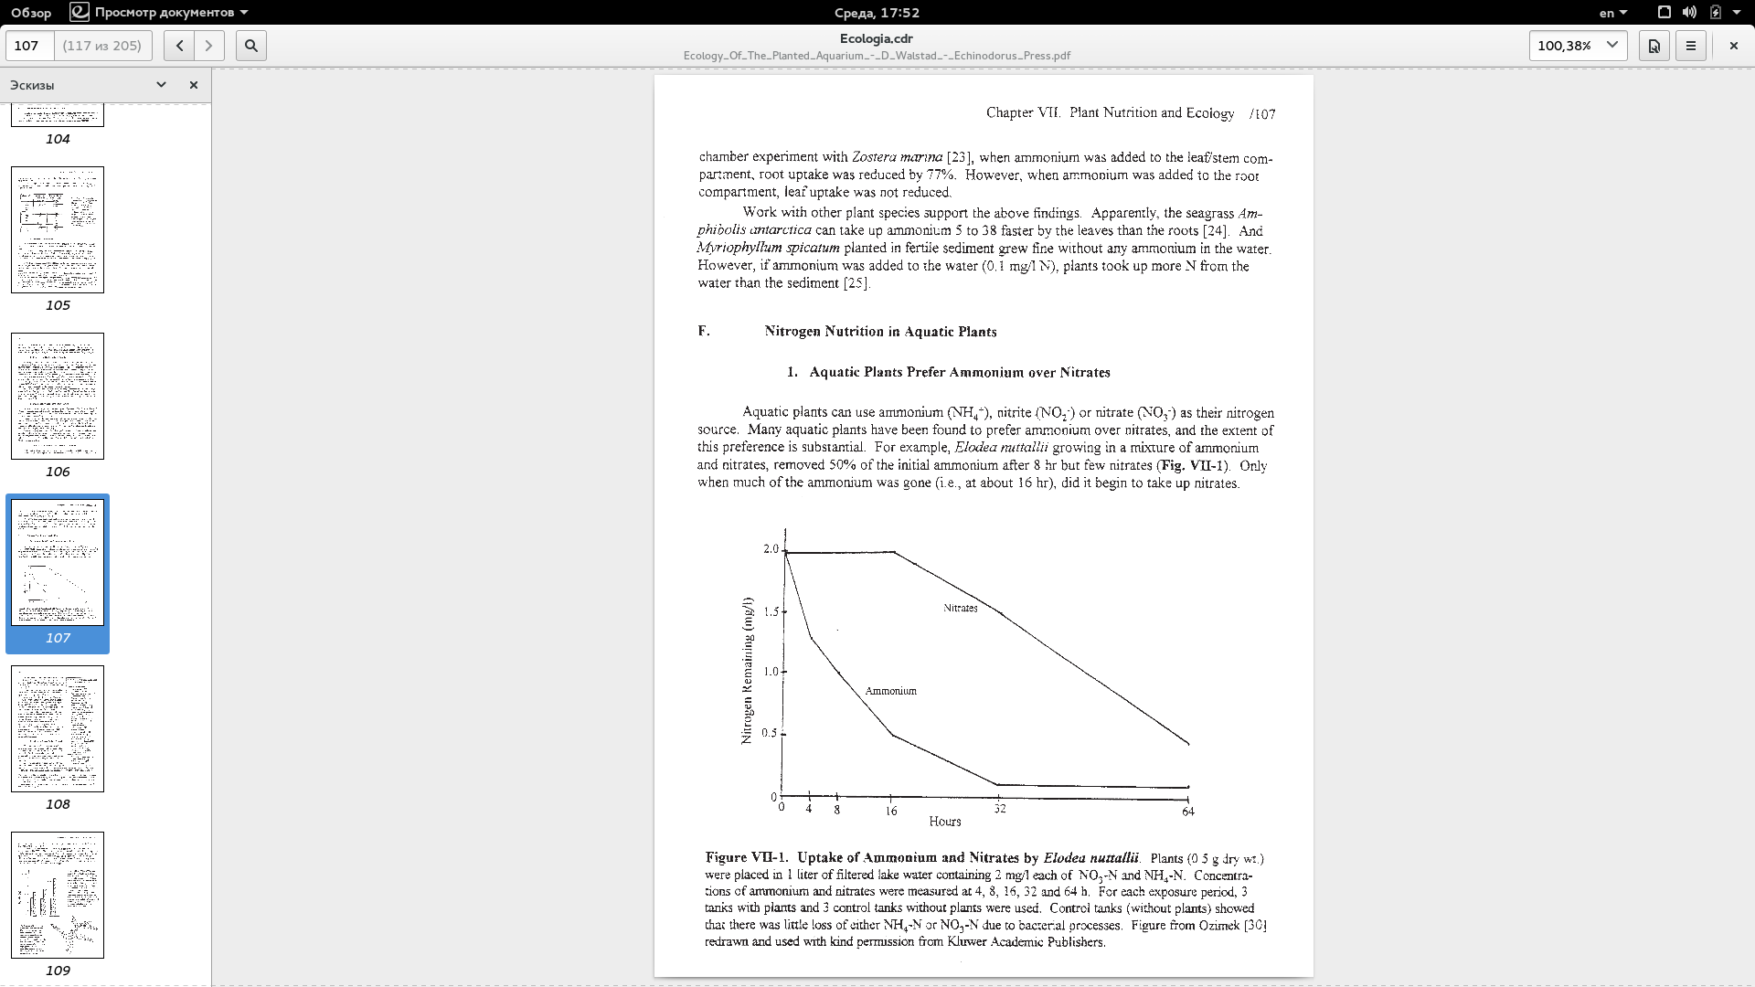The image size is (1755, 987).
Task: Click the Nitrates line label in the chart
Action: (x=960, y=608)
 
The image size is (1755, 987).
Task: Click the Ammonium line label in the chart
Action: (x=890, y=691)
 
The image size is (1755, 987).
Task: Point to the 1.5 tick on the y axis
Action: (x=771, y=611)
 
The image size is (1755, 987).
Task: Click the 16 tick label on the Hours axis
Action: (x=891, y=811)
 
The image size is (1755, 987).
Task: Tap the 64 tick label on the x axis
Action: (x=1187, y=811)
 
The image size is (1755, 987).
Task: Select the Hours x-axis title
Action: (x=944, y=822)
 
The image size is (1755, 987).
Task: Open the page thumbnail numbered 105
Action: (x=58, y=229)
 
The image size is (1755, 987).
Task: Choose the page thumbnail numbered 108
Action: (x=58, y=728)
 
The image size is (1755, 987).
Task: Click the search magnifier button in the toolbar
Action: (x=251, y=46)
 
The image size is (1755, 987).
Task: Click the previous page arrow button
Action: (x=179, y=46)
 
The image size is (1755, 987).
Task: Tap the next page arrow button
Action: (x=209, y=46)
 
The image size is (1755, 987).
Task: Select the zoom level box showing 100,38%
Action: (x=1577, y=46)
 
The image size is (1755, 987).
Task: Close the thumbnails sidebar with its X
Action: (x=193, y=85)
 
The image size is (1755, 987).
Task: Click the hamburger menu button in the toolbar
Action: (x=1690, y=46)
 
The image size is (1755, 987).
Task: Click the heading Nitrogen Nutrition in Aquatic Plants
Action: (x=880, y=332)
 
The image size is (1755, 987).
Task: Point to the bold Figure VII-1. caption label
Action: (x=746, y=858)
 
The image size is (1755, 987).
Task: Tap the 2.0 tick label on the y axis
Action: (x=771, y=549)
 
